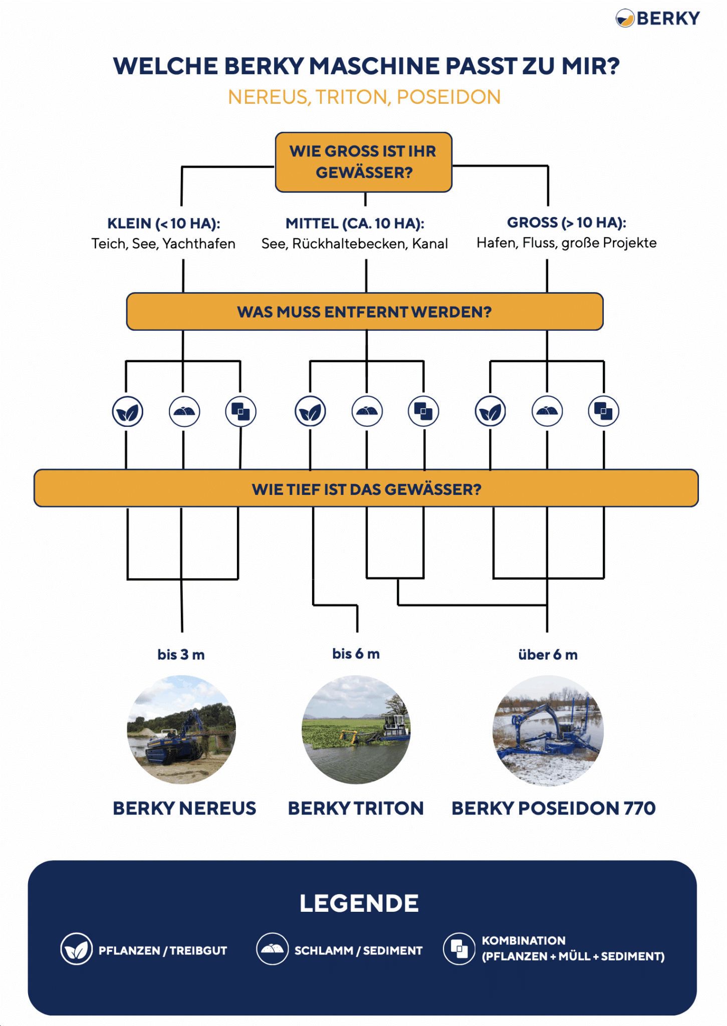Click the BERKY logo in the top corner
(x=657, y=19)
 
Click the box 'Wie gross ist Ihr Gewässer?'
(x=363, y=162)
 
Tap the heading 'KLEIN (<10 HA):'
(x=164, y=223)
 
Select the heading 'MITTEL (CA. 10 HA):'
(x=355, y=223)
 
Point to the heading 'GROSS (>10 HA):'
(x=566, y=222)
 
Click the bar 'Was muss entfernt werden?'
(x=364, y=312)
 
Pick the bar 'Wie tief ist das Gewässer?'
(x=366, y=488)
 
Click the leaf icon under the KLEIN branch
(x=127, y=412)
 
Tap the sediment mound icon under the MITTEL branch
(x=367, y=412)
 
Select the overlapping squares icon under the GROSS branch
(x=603, y=411)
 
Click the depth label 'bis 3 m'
(x=181, y=655)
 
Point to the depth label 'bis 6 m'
(x=356, y=654)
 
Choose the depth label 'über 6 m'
(x=548, y=655)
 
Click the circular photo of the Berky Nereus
(x=181, y=729)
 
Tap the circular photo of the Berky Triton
(x=356, y=729)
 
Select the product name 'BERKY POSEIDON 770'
(x=553, y=808)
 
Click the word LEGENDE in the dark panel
(x=359, y=903)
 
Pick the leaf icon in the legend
(x=76, y=949)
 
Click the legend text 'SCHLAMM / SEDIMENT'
(x=358, y=950)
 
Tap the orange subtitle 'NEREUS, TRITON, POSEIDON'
(x=364, y=97)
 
